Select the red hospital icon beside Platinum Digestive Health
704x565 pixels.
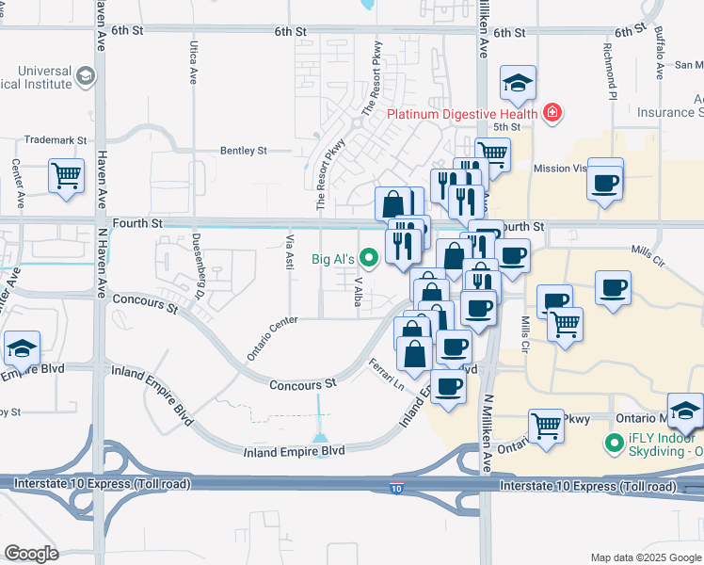552,114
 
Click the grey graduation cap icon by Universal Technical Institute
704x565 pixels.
86,75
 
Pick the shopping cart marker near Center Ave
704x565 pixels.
66,175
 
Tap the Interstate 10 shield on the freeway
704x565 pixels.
398,488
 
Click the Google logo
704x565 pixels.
31,554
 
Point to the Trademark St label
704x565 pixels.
55,139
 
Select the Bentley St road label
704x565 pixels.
244,151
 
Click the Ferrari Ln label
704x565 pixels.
386,377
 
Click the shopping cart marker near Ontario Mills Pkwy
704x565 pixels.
546,426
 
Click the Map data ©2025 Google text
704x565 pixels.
645,557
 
